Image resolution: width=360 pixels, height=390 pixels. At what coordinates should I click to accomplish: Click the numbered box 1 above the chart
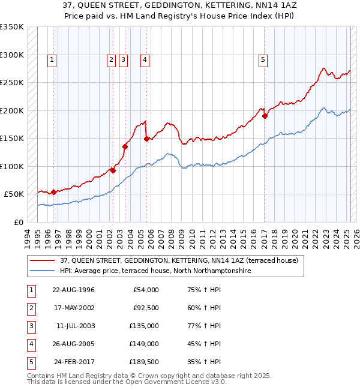[x=53, y=59]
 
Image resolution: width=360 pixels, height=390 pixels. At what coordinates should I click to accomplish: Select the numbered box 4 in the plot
[x=145, y=59]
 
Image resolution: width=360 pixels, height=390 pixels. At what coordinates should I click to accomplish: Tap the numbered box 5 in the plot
[x=263, y=59]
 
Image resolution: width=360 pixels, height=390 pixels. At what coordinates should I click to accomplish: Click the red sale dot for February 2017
[x=265, y=116]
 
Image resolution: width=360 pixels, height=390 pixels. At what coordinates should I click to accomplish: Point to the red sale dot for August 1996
[x=53, y=192]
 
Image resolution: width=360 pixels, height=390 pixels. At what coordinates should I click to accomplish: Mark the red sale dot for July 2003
[x=125, y=146]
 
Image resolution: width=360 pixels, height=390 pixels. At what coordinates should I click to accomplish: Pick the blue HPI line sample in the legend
[x=42, y=271]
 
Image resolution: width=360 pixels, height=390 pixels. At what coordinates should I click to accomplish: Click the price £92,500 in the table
[x=145, y=308]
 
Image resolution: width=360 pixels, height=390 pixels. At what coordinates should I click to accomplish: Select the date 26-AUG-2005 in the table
[x=73, y=344]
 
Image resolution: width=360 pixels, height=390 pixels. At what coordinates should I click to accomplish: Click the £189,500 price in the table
[x=143, y=362]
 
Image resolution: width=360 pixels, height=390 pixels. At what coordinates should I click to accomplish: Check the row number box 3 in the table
[x=29, y=326]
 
